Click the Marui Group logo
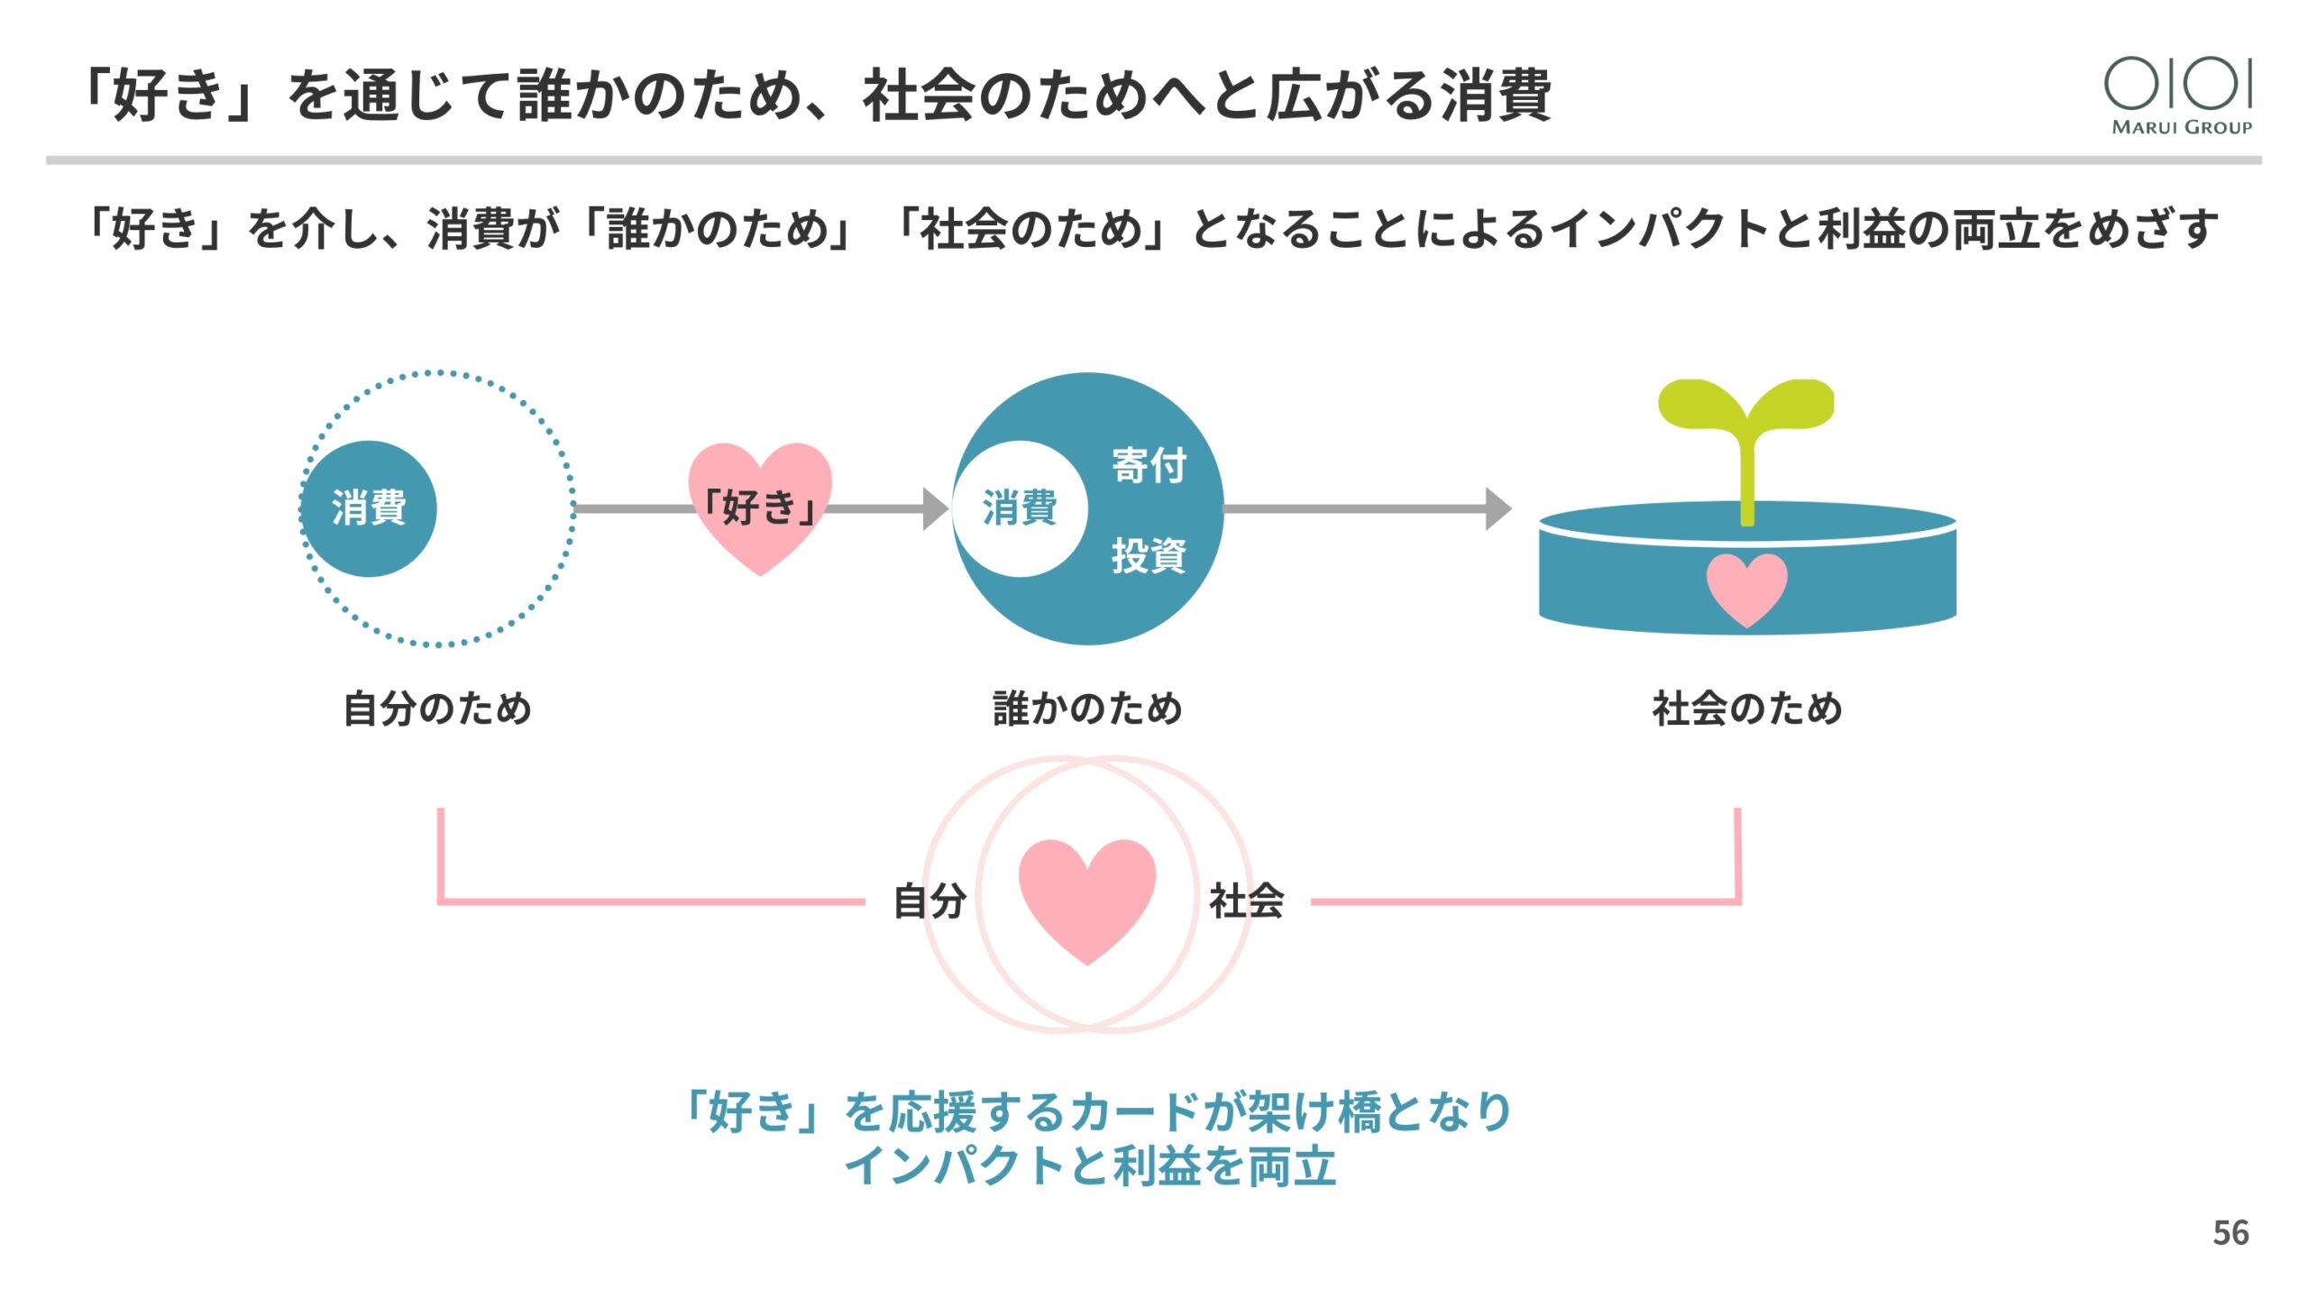(x=2180, y=95)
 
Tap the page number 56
(x=2230, y=1232)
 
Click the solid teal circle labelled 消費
(x=369, y=508)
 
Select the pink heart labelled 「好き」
(x=759, y=506)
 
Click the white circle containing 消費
(x=1020, y=508)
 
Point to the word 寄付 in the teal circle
(x=1149, y=466)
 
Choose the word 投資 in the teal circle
(x=1149, y=554)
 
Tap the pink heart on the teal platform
(x=1746, y=589)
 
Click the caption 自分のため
(x=438, y=708)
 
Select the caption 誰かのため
(x=1087, y=708)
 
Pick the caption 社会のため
(x=1746, y=708)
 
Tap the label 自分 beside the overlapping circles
(x=930, y=900)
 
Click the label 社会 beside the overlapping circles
(x=1246, y=900)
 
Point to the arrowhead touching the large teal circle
(x=936, y=508)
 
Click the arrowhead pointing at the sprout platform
(x=1497, y=508)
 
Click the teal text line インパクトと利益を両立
(x=1089, y=1165)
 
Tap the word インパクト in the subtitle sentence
(x=1659, y=228)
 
